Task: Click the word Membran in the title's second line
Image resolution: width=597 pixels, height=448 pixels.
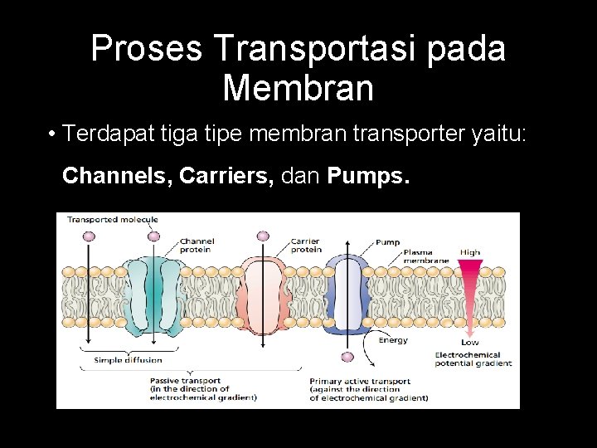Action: click(298, 87)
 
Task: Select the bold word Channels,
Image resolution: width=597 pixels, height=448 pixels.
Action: click(116, 176)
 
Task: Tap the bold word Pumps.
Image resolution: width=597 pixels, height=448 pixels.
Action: click(368, 176)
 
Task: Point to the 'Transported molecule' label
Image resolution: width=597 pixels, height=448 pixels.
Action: click(112, 220)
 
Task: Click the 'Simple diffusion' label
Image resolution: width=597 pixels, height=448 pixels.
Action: click(128, 360)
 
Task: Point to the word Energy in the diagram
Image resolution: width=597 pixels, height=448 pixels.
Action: click(392, 340)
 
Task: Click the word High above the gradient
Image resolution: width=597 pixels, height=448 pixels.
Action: click(470, 252)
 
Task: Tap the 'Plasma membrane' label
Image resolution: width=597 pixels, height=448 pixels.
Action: click(425, 256)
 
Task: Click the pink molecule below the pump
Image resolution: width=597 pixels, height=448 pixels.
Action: click(347, 357)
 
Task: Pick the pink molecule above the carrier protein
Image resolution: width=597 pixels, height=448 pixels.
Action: click(264, 236)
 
